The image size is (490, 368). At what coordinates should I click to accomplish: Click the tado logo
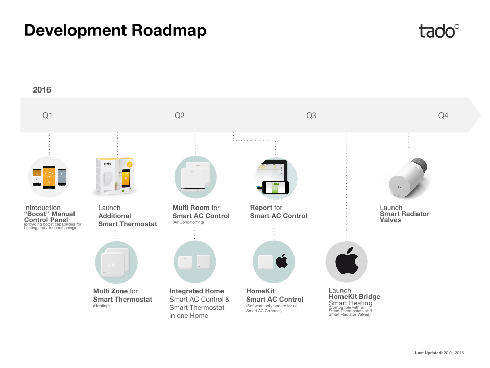[439, 31]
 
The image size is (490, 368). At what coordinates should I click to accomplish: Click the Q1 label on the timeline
[47, 116]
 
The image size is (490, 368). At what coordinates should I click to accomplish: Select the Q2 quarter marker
[179, 116]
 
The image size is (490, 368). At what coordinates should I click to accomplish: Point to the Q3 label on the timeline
[311, 116]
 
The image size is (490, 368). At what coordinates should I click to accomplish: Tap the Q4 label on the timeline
[443, 116]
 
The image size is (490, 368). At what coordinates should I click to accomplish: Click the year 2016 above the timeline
[42, 90]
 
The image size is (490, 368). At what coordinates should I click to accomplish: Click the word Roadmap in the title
[169, 30]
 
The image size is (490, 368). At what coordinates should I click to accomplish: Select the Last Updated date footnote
[439, 353]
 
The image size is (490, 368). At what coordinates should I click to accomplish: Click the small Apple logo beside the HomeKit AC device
[282, 261]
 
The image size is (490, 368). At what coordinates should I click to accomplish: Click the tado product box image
[116, 176]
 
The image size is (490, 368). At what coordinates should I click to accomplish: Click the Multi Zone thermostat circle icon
[116, 262]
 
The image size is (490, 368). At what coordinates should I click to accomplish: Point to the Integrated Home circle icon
[194, 262]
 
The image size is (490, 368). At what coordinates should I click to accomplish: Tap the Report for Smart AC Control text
[279, 212]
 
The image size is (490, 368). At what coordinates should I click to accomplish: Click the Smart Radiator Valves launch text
[404, 214]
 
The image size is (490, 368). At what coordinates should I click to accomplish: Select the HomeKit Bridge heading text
[354, 296]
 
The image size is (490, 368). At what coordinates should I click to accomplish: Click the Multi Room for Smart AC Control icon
[195, 177]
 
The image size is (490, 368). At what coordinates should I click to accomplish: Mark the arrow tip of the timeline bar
[481, 115]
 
